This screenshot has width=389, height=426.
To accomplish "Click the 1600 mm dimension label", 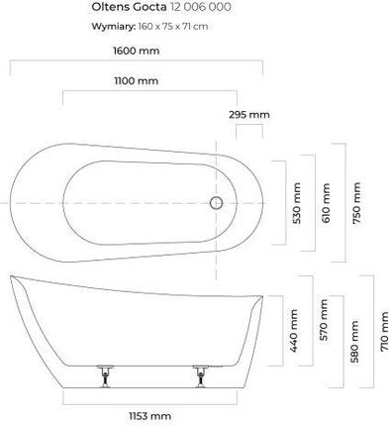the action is point(137,51).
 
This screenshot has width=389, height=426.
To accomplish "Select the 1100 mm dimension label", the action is point(137,81).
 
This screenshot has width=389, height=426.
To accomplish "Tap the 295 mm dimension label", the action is point(249,115).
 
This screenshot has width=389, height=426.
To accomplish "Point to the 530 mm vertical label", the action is point(297,203).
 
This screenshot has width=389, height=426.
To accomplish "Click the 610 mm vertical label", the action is point(326,203).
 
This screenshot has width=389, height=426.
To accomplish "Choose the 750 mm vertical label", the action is point(356,203).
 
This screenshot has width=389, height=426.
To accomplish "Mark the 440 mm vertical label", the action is point(294,331).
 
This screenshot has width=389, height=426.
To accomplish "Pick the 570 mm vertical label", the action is point(324,320).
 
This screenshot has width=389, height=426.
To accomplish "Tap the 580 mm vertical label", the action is point(355,342).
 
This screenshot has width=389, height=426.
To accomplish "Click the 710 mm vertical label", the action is point(384,332).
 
